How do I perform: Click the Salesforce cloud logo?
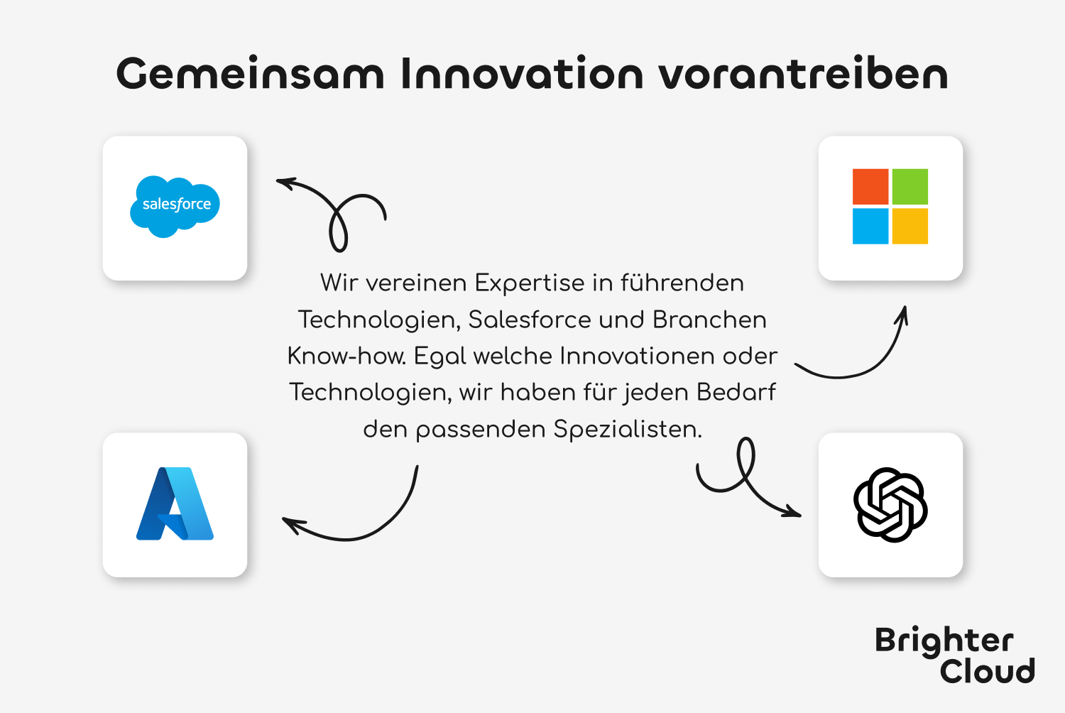point(175,207)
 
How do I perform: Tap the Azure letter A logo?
point(175,504)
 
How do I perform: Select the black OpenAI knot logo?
point(890,505)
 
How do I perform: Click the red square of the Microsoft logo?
point(870,187)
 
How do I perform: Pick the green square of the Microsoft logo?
point(910,187)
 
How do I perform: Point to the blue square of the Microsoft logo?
point(870,226)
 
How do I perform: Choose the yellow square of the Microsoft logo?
point(910,226)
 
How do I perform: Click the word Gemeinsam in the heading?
point(250,73)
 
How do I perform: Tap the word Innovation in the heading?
point(522,73)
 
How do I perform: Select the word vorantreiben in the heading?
point(804,73)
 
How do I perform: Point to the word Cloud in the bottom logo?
point(987,670)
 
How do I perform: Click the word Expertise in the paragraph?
point(530,283)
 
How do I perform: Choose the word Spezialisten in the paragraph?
point(628,429)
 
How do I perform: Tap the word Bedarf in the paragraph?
point(736,393)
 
